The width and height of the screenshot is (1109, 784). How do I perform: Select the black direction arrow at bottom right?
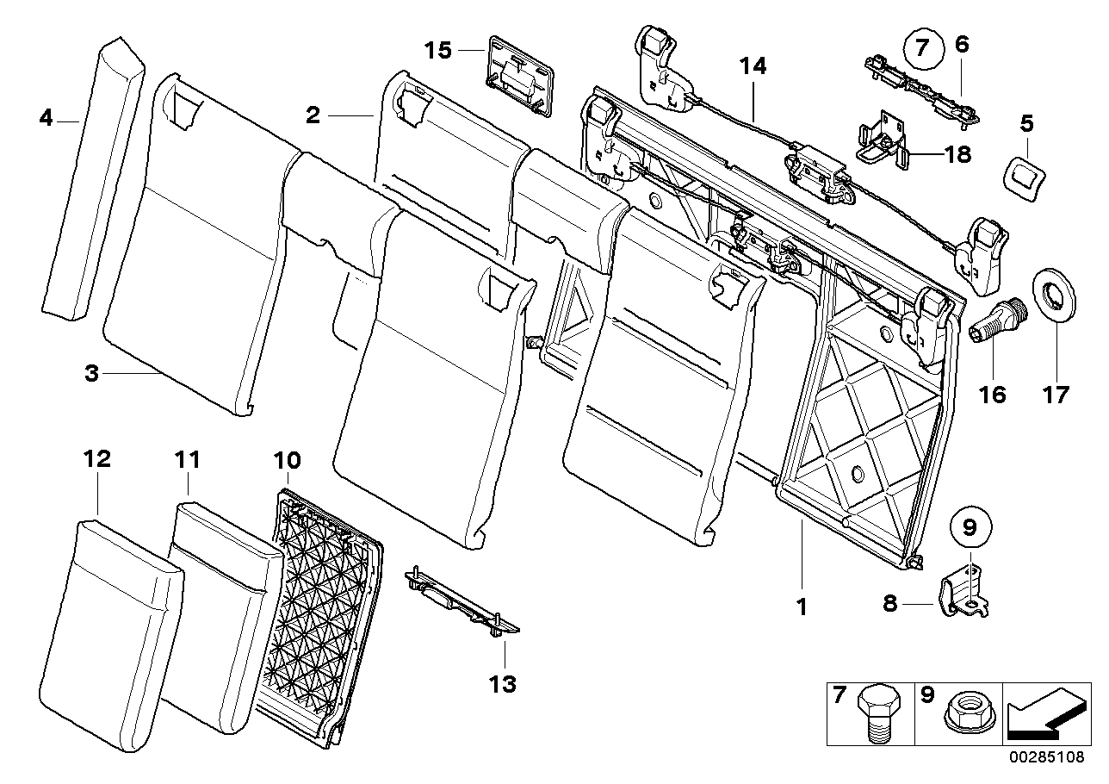(1046, 712)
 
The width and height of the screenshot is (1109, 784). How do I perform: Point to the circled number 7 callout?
(923, 49)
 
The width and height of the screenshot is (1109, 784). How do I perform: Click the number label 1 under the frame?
(802, 607)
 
